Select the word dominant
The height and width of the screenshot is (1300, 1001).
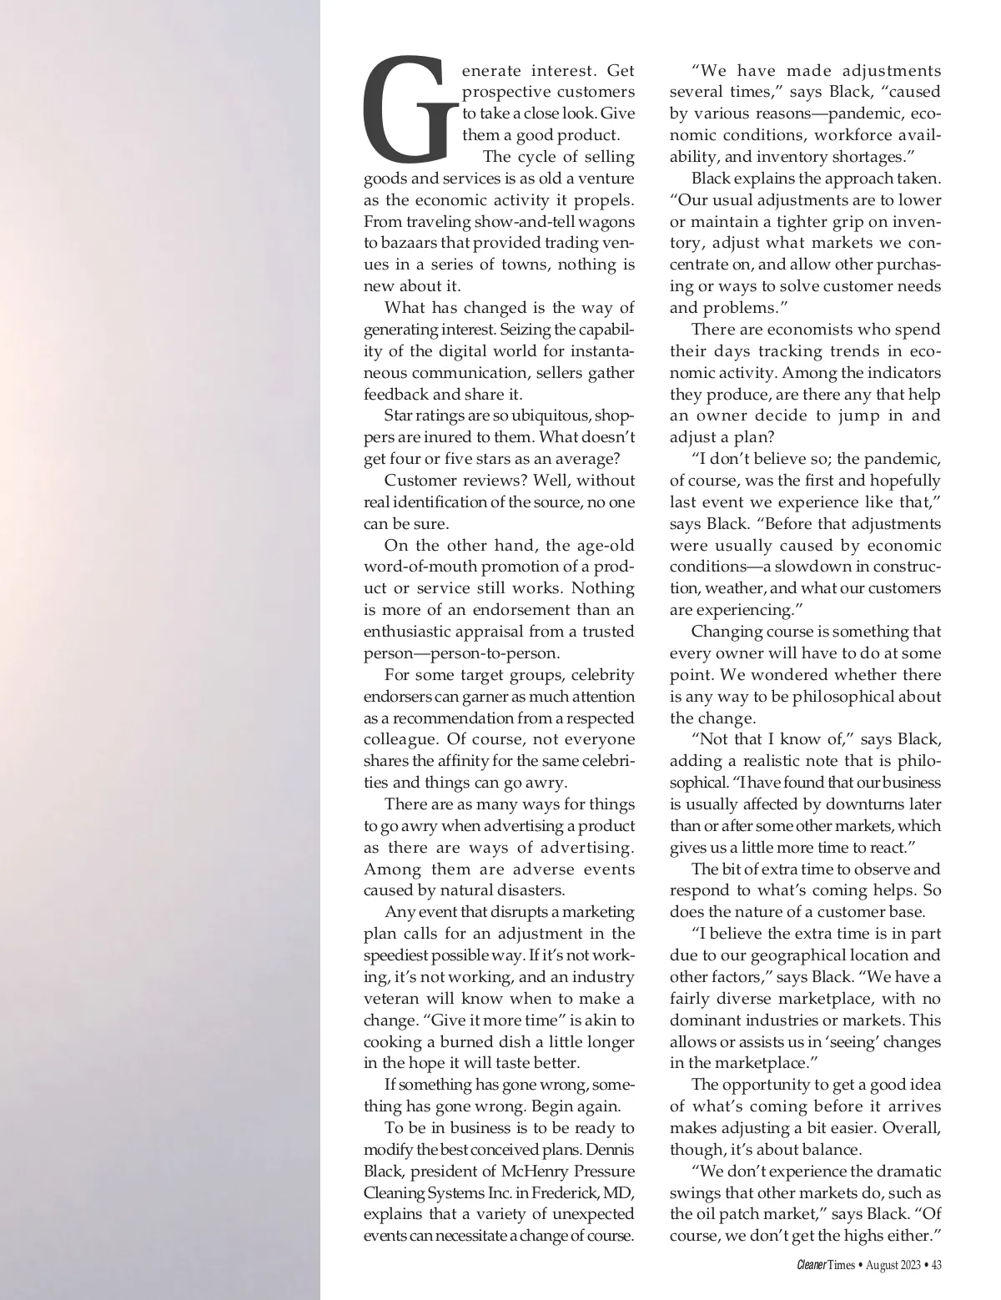[x=707, y=1020]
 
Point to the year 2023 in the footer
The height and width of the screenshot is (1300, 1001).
[x=910, y=1266]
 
